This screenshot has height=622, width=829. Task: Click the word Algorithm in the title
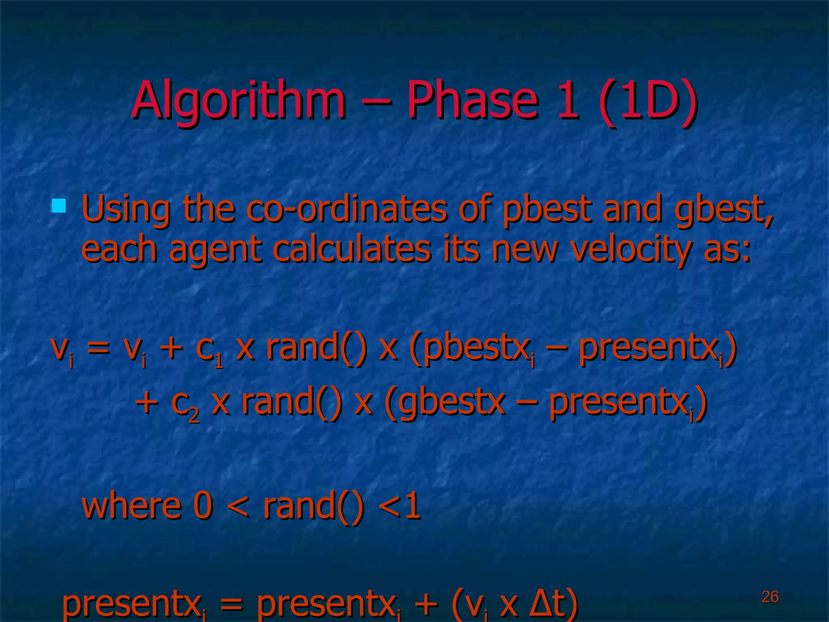[239, 100]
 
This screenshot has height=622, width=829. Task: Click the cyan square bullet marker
[59, 206]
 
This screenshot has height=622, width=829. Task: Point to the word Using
[125, 209]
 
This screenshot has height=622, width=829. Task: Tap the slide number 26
[770, 597]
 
